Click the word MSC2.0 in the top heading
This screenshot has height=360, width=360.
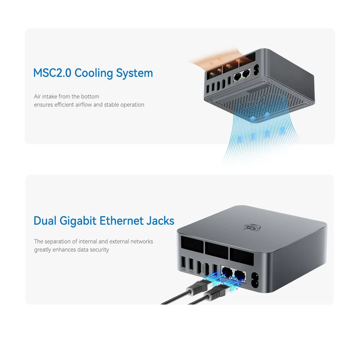(x=52, y=73)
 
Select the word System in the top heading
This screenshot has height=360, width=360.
(x=134, y=73)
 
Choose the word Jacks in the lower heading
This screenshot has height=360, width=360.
(x=160, y=220)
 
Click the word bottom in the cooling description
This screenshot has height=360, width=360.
(x=90, y=96)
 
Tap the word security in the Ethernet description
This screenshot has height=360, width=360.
(x=97, y=249)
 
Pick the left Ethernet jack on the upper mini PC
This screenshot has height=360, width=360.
(x=237, y=76)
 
